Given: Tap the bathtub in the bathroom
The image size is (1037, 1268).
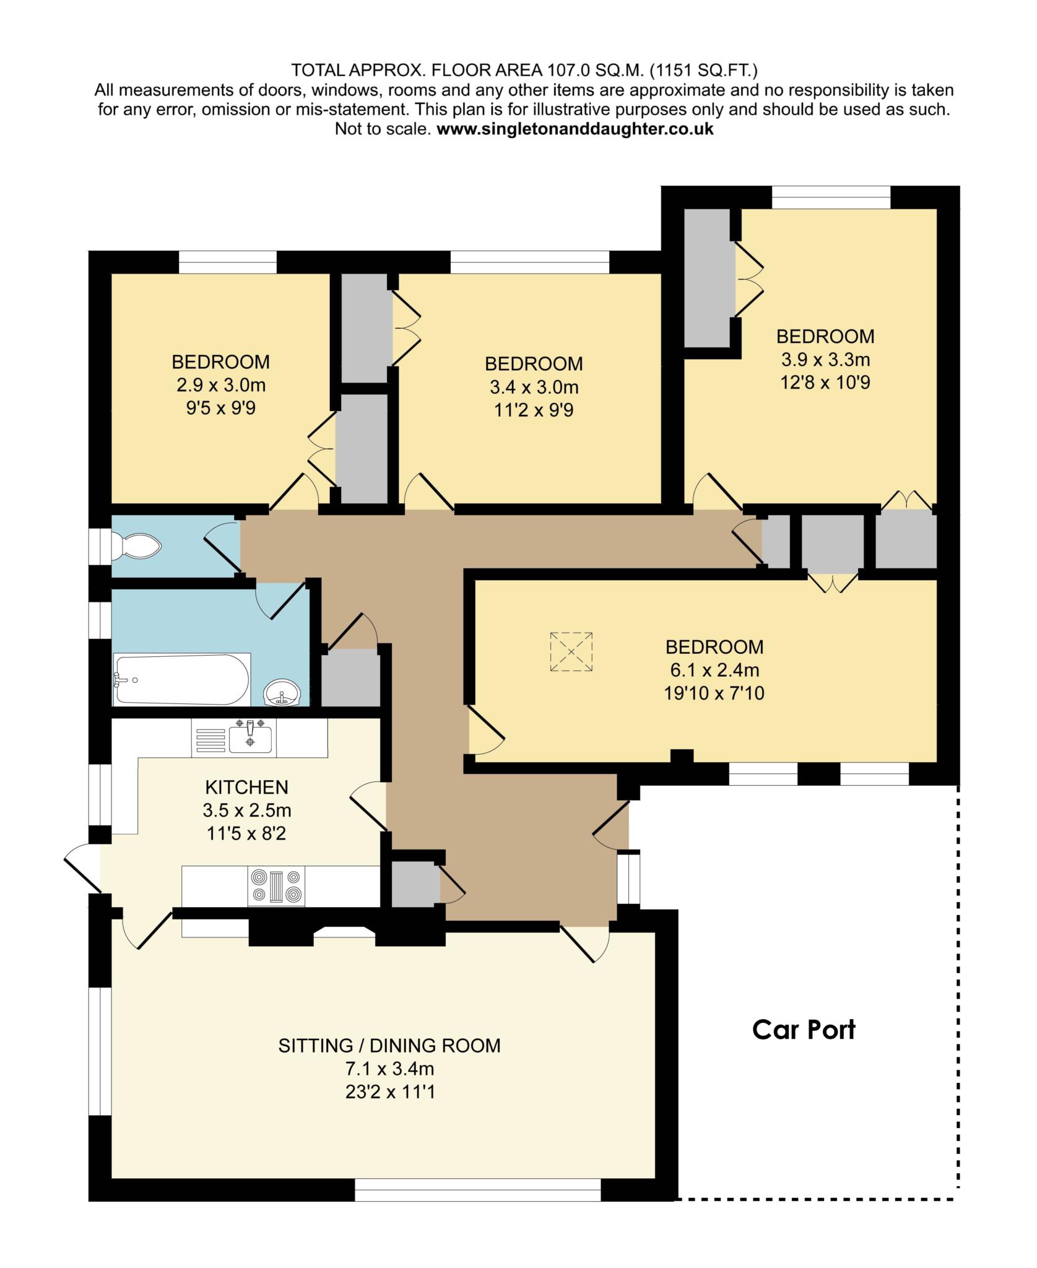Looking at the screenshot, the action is coord(181,679).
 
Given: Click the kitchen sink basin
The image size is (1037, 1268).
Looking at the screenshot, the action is coord(250,739).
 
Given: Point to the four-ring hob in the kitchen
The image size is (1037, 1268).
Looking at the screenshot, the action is coord(277,885).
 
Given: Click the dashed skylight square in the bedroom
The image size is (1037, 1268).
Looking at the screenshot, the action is coord(571,651).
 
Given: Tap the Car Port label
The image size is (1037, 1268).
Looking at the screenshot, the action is coord(804,1030).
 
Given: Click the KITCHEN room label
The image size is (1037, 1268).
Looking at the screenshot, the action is coord(247,787).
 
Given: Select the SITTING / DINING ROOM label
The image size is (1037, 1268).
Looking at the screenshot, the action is coord(389,1046).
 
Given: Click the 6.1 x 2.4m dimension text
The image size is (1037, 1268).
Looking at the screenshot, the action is coord(714,670).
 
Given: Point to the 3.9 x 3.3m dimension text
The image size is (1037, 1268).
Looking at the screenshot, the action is coord(825,359).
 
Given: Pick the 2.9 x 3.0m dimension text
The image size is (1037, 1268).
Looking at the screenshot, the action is coord(221,385).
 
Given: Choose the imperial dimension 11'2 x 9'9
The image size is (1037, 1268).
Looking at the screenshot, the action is coord(534,410).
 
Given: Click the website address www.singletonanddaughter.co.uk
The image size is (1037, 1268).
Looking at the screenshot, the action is coord(575,129).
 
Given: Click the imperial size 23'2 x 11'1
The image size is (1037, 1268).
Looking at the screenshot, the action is coord(390,1091).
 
